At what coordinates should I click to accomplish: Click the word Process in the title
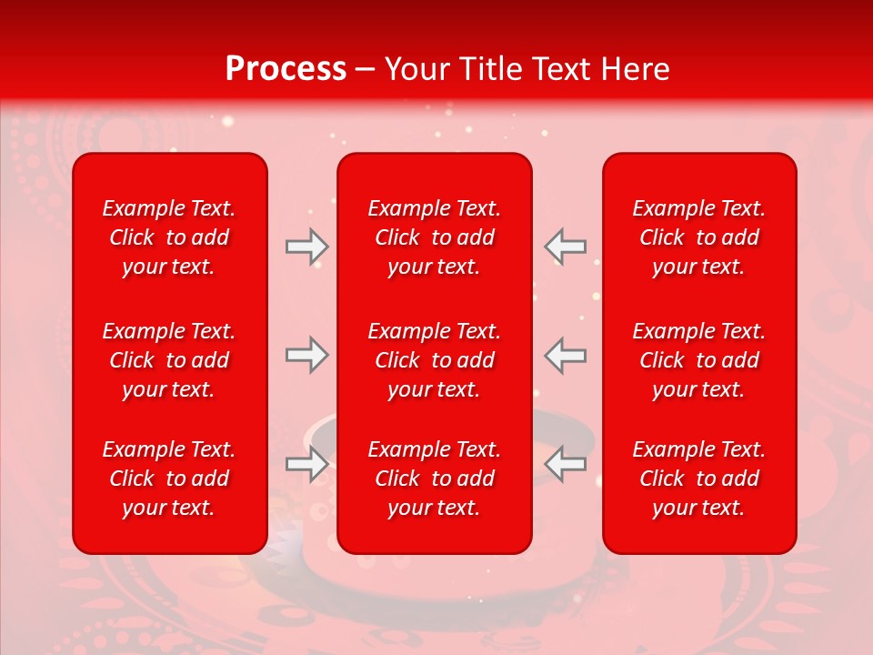point(286,69)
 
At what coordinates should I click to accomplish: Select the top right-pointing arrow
point(306,247)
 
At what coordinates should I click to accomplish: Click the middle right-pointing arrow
point(306,355)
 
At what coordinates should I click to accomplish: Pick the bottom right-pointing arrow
point(306,464)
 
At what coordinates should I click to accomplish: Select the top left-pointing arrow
point(566,247)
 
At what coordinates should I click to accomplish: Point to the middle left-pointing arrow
point(566,355)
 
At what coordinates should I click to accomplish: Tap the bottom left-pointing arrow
point(566,464)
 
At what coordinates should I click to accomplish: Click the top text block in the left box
point(169,237)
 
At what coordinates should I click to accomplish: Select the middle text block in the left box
point(169,360)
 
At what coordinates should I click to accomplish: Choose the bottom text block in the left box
point(169,479)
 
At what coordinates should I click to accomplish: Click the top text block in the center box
point(435,237)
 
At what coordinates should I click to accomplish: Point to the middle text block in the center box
point(435,360)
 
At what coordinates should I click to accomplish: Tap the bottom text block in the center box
point(435,479)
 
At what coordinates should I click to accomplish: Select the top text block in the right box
point(699,237)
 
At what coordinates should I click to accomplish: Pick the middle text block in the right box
point(699,360)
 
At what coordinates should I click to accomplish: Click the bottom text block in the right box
point(699,479)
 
